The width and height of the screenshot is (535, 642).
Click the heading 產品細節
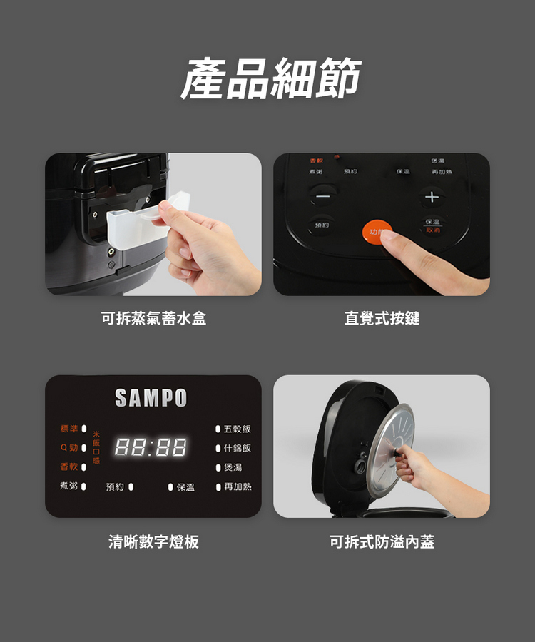[270, 78]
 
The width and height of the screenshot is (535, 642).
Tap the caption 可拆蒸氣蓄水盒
[153, 319]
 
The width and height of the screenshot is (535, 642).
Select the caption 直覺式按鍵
[382, 319]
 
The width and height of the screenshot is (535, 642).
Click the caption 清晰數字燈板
[153, 542]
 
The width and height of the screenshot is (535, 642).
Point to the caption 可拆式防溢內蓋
[382, 542]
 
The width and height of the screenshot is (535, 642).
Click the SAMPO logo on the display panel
[151, 398]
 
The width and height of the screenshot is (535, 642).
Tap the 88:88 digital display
[151, 448]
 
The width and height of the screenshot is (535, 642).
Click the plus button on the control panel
[431, 196]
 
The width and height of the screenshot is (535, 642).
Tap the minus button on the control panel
[323, 196]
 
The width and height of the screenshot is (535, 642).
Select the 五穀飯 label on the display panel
[237, 429]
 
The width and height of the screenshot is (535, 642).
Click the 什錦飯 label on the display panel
[237, 448]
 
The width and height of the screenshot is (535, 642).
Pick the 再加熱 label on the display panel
[237, 486]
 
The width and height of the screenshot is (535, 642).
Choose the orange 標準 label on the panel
[69, 429]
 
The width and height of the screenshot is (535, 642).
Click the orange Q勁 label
[69, 448]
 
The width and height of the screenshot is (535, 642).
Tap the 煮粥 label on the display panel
[69, 486]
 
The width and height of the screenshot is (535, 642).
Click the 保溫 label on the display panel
[185, 487]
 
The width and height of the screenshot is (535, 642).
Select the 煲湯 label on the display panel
[233, 467]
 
